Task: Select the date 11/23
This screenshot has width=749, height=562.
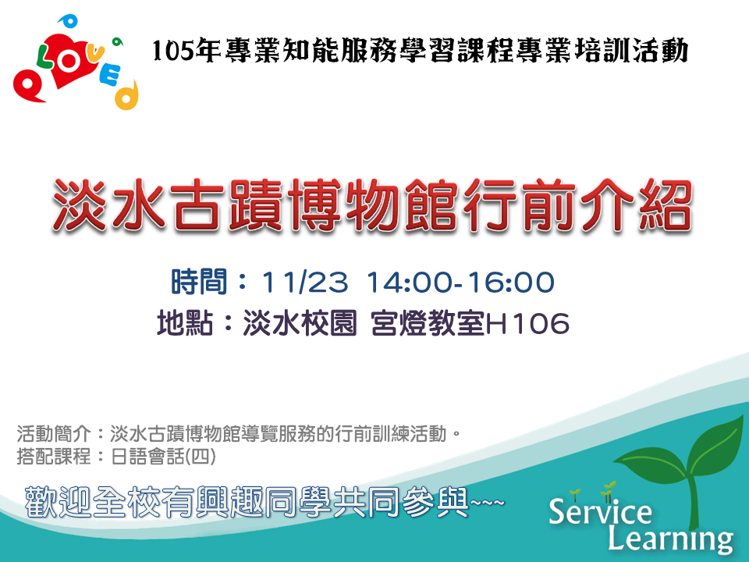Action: pos(304,282)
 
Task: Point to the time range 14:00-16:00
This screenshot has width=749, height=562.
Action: pos(460,282)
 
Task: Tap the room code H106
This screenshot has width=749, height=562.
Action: pos(527,323)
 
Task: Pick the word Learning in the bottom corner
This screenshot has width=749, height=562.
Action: pos(670,539)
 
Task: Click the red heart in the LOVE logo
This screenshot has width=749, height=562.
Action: pos(69,61)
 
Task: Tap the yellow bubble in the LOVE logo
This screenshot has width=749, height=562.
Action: pos(126,95)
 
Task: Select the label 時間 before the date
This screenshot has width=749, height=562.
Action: pos(199,282)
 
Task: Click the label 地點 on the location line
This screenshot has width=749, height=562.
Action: pos(185,323)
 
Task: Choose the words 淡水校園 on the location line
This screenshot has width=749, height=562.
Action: pos(300,323)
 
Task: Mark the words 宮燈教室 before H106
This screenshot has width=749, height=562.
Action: pos(428,323)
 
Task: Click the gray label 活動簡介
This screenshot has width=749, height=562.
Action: pos(54,434)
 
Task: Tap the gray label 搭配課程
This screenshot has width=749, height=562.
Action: pos(54,457)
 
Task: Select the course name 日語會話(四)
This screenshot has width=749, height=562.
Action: pos(163,457)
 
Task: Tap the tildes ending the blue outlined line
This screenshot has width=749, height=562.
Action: pos(487,503)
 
